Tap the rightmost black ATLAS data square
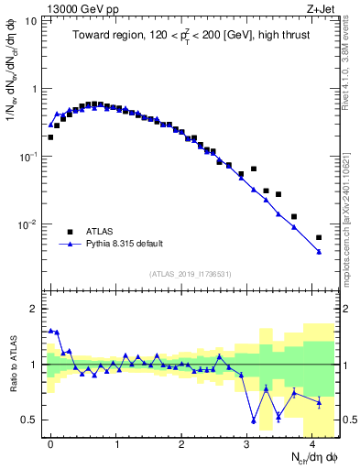(x=319, y=237)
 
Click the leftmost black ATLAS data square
(x=50, y=137)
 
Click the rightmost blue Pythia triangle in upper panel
(x=319, y=251)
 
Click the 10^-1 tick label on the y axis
(x=28, y=157)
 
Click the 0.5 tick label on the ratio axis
(x=31, y=420)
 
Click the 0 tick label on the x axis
(x=51, y=442)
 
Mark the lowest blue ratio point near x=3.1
(x=254, y=420)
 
